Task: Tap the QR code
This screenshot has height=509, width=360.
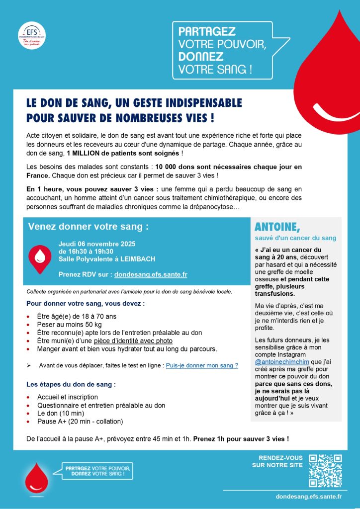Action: click(325, 470)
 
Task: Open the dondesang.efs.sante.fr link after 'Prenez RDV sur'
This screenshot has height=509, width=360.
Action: click(151, 274)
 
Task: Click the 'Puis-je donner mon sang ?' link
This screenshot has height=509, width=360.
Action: click(202, 365)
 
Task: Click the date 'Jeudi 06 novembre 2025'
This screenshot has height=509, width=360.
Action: click(96, 244)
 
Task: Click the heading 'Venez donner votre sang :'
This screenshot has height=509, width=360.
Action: click(89, 227)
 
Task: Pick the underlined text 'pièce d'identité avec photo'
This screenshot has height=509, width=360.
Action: click(133, 341)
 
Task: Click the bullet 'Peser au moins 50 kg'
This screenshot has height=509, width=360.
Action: click(68, 325)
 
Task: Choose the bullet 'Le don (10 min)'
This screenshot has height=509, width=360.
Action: click(61, 413)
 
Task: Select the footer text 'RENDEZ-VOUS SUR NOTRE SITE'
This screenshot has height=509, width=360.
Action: click(277, 461)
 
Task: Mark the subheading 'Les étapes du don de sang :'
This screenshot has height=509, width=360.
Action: click(71, 384)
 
